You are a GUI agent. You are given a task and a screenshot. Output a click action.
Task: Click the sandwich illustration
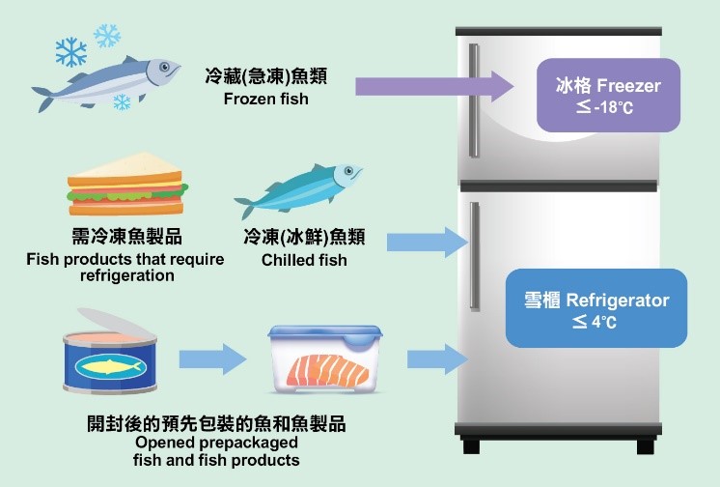[x=125, y=186]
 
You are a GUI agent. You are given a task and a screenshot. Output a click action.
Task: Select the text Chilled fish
[x=304, y=260]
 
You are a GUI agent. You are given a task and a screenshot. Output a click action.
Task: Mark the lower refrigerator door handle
[x=473, y=256]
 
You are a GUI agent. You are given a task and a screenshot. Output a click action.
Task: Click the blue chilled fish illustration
[x=299, y=191]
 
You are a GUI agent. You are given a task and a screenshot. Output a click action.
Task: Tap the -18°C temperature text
[x=606, y=107]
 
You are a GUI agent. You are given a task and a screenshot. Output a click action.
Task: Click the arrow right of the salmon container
[x=430, y=359]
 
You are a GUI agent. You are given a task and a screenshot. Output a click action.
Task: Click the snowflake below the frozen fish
[x=123, y=101]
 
